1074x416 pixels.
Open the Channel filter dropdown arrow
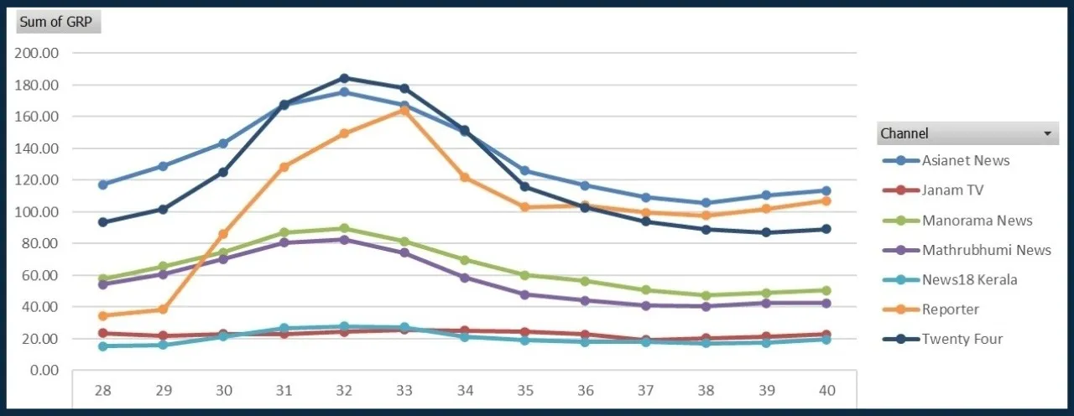pos(1046,133)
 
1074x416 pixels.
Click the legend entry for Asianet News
pos(965,160)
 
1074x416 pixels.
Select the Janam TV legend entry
pos(951,190)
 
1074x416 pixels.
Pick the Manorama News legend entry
pos(977,221)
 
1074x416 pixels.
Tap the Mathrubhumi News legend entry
pos(986,250)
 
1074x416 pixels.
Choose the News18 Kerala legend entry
pos(969,280)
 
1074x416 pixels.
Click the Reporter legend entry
pos(950,309)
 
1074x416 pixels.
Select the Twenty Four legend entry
pos(962,340)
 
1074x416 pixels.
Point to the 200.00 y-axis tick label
pos(38,53)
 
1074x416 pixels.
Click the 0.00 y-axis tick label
pos(44,370)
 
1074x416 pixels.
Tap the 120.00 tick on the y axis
pos(38,180)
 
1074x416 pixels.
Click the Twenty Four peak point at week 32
pos(344,79)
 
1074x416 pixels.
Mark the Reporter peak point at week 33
pos(404,110)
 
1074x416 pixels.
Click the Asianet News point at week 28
pos(103,185)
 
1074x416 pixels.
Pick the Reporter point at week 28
pos(103,316)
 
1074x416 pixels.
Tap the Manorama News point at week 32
pos(344,228)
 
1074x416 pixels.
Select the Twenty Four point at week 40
pos(826,229)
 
